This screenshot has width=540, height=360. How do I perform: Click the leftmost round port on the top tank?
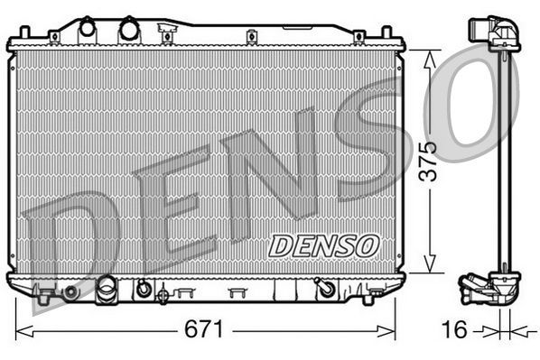(87, 29)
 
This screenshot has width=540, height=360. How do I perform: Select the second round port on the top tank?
(127, 29)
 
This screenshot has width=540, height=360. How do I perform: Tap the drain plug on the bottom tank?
(107, 291)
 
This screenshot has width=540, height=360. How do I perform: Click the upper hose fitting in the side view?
(496, 33)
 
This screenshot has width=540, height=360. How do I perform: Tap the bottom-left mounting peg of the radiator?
(42, 292)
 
